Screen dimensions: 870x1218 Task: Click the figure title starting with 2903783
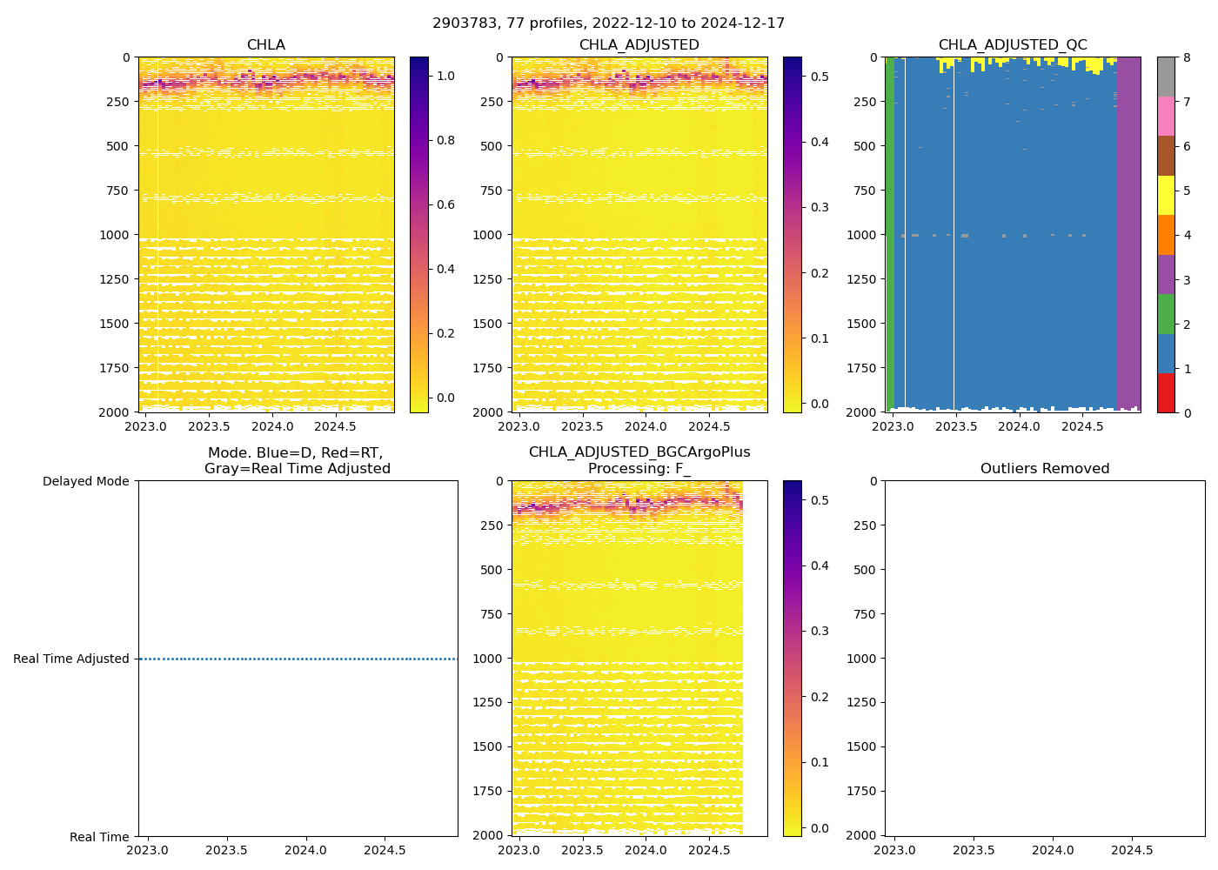[608, 23]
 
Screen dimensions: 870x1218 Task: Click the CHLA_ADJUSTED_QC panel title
[1013, 45]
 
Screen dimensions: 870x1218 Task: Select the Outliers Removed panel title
[1045, 469]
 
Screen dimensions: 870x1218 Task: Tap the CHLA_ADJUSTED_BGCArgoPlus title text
[639, 452]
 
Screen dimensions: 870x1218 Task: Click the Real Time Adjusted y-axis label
[71, 659]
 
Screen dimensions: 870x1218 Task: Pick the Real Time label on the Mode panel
[99, 837]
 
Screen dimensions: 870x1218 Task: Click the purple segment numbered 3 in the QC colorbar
[1166, 275]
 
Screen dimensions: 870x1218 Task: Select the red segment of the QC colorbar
[1166, 393]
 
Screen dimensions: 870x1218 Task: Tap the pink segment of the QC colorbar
[1166, 117]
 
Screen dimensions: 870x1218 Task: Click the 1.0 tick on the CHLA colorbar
[445, 76]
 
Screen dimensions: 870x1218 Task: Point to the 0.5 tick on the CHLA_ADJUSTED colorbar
[819, 77]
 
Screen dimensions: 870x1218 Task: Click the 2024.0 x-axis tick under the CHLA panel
[273, 426]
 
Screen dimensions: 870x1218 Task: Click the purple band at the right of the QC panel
[1128, 235]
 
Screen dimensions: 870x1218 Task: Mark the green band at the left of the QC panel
[890, 235]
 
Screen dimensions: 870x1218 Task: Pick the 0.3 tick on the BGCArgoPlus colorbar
[819, 631]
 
